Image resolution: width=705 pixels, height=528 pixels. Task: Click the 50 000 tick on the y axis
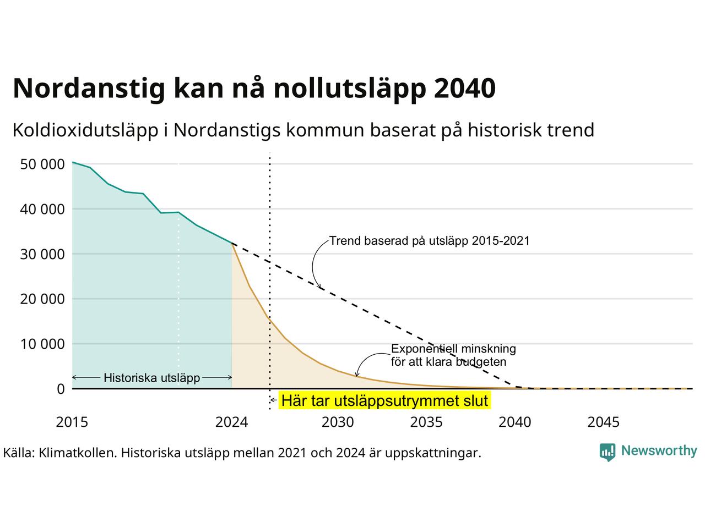pos(42,164)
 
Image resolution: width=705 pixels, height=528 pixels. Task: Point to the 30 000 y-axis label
pos(42,254)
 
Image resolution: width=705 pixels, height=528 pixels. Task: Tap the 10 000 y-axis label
pos(42,344)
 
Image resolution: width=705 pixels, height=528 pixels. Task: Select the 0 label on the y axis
pos(61,389)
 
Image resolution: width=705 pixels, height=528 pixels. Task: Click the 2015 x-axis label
pos(72,422)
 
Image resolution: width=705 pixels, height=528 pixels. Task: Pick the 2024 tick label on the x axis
pos(231,422)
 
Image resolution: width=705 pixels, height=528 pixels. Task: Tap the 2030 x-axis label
pos(338,422)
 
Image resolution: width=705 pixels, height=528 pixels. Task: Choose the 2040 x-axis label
pos(514,422)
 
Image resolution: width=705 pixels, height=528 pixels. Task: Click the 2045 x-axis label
pos(603,422)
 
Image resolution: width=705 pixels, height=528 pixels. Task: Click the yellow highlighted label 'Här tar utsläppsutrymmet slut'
pos(384,400)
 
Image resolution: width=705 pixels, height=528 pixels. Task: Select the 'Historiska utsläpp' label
pos(151,378)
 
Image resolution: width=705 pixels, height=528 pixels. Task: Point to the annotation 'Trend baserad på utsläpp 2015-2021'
pos(430,241)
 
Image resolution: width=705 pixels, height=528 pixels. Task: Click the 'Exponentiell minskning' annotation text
pos(453,349)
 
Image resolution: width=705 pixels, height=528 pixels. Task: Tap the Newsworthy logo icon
pos(608,452)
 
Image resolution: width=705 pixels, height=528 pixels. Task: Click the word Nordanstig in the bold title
pos(89,89)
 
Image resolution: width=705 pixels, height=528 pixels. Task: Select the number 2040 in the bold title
pos(465,88)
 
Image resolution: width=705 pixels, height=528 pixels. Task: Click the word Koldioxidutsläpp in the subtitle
pos(85,130)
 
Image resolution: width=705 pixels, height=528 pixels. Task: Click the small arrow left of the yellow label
pos(273,400)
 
